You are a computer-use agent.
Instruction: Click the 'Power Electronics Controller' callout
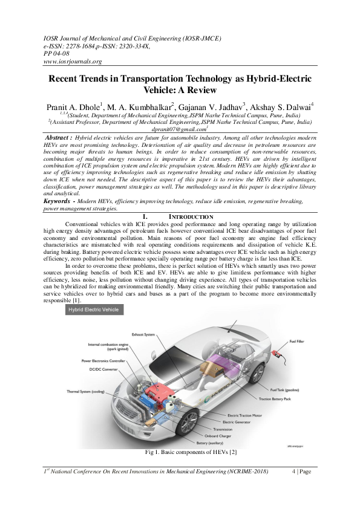(x=103, y=360)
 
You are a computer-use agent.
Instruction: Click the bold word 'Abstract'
(x=58, y=138)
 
